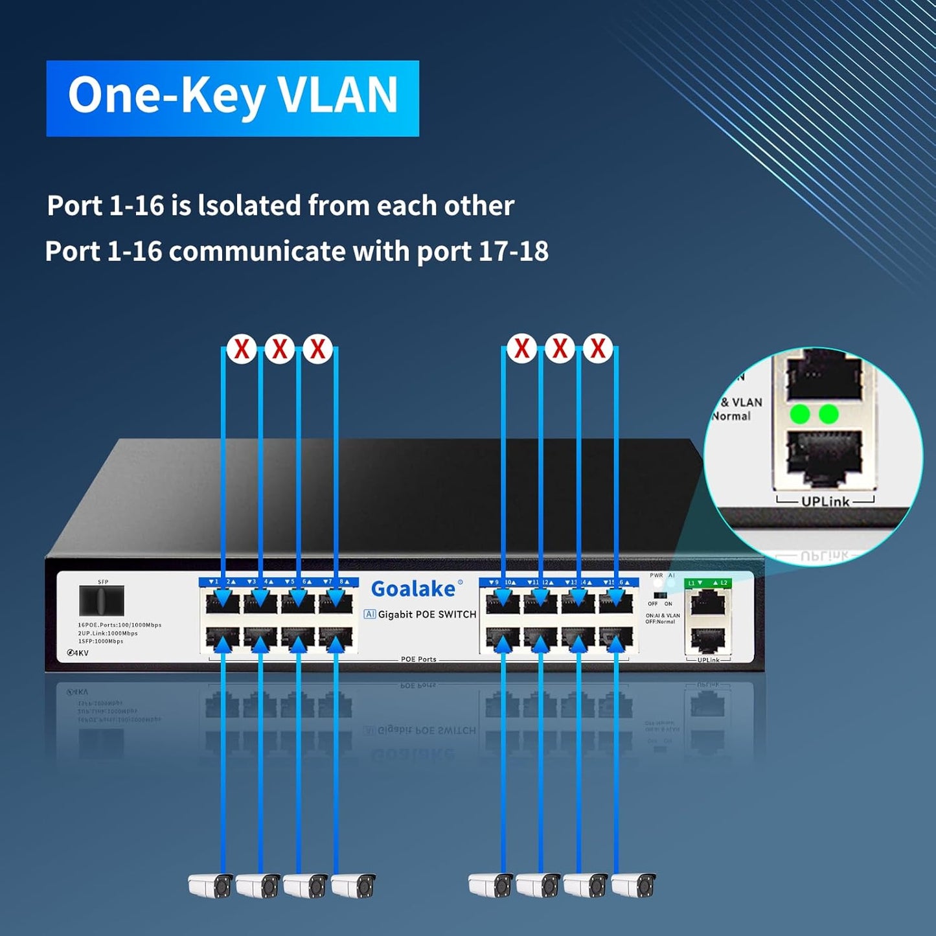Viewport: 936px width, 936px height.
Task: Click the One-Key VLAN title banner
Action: (233, 98)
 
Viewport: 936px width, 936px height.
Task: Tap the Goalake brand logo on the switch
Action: (413, 589)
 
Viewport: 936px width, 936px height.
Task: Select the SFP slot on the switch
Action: (101, 600)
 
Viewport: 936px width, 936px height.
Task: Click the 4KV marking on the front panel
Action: (78, 653)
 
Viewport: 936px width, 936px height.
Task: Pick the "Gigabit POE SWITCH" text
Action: (427, 615)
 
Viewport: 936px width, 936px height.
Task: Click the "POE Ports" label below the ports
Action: (418, 659)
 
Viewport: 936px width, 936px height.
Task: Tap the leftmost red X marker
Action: (242, 348)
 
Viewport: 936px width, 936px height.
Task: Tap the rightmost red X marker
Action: (597, 348)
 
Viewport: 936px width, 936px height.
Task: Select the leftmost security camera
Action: (210, 885)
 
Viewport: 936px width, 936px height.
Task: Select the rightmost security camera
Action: (634, 885)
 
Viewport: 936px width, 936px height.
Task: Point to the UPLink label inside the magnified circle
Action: (825, 501)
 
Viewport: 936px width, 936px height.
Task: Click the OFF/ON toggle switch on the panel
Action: (660, 595)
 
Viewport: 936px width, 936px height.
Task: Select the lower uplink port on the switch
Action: (707, 640)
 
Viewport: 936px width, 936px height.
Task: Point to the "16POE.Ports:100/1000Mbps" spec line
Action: (120, 625)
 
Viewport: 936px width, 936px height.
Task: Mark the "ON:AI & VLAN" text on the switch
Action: (663, 615)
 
